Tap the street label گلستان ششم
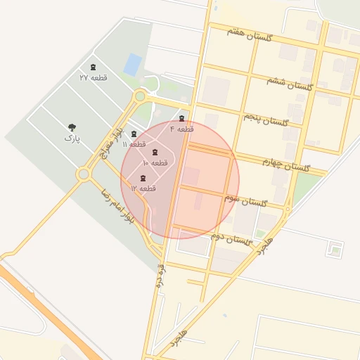pyautogui.click(x=289, y=84)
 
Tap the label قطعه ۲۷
pyautogui.click(x=94, y=77)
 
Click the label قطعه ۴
pyautogui.click(x=181, y=129)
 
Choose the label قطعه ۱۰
pyautogui.click(x=155, y=162)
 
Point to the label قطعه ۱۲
pyautogui.click(x=143, y=188)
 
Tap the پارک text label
pyautogui.click(x=72, y=139)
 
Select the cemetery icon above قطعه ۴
pyautogui.click(x=183, y=118)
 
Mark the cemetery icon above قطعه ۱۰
pyautogui.click(x=155, y=153)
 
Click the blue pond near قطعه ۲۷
pyautogui.click(x=132, y=64)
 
